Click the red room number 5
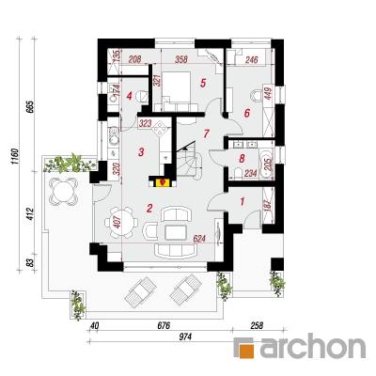tap(202, 84)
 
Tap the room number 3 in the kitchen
tap(141, 152)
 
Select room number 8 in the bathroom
tap(242, 159)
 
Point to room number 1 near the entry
tap(242, 201)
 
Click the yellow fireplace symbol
tap(163, 182)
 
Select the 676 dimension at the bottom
tap(164, 326)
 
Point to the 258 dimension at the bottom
tap(257, 326)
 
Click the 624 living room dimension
tap(199, 239)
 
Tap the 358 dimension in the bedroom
tap(180, 59)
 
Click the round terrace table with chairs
tap(63, 191)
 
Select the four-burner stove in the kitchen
tap(160, 129)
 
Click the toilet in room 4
tap(142, 96)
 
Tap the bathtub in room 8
tap(268, 163)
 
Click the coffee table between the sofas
tap(176, 232)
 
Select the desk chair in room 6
tap(257, 96)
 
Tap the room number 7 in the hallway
tap(206, 133)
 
